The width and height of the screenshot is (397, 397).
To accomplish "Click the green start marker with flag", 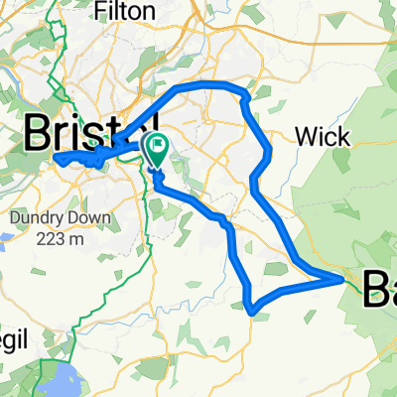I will (156, 150).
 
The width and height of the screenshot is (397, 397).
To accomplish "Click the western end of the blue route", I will (55, 159).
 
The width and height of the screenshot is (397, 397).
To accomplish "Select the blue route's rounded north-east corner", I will (242, 92).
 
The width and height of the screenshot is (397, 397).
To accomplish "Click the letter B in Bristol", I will (40, 131).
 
